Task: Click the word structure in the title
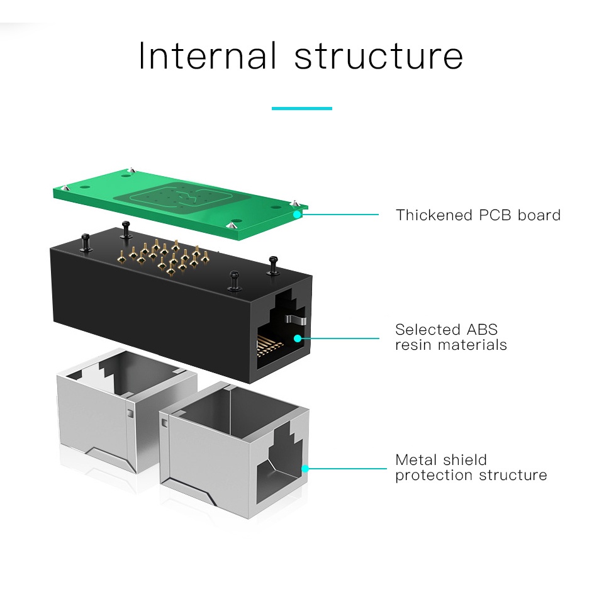point(379,56)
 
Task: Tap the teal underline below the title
point(301,108)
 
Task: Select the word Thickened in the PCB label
point(435,215)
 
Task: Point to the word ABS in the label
point(481,329)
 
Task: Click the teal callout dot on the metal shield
point(305,468)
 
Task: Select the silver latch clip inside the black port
point(296,320)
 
